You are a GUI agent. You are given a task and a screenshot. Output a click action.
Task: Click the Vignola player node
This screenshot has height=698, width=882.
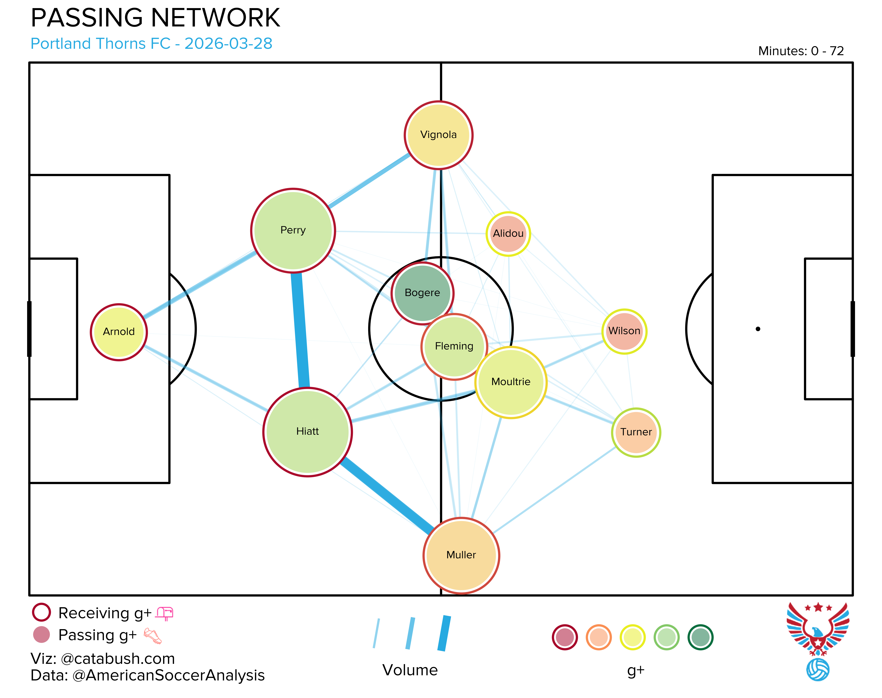pos(438,135)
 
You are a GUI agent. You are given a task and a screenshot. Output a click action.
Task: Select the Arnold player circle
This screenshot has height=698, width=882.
pos(119,332)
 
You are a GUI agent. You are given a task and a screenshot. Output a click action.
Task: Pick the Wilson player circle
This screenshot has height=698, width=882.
pos(624,331)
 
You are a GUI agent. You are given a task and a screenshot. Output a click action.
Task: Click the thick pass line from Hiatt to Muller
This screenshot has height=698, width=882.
pos(386,495)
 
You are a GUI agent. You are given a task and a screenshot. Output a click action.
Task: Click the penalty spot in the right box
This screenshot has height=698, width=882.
pos(758,329)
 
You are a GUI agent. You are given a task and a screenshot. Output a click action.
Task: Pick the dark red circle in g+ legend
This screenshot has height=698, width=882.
pos(565,637)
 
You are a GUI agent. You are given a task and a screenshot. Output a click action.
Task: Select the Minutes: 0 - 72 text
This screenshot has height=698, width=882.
pos(801,51)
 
